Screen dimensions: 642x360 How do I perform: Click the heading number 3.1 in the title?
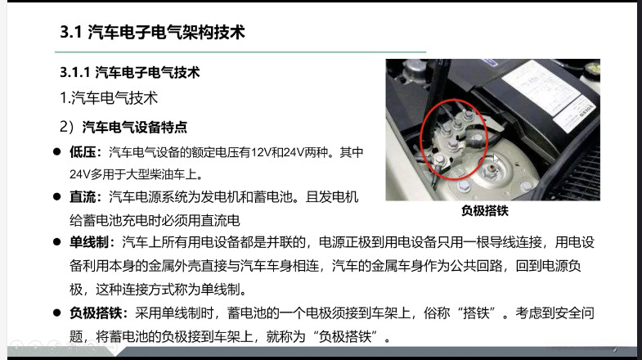[x=71, y=33]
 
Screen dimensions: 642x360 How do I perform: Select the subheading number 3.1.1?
[x=75, y=73]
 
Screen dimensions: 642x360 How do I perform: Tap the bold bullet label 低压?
[x=83, y=152]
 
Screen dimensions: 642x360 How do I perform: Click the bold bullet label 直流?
[x=83, y=197]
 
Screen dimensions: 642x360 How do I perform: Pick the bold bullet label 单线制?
[x=89, y=242]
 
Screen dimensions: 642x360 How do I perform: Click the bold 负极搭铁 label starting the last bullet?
[x=96, y=313]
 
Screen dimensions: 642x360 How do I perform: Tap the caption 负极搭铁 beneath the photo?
[x=485, y=211]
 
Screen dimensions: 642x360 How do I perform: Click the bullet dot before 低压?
[x=57, y=152]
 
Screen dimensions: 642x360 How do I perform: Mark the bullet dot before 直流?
[x=57, y=197]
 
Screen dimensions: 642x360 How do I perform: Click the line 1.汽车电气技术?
[x=109, y=98]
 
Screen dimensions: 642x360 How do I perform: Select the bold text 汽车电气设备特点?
[x=135, y=128]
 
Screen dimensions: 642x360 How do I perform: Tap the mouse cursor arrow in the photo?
[x=496, y=158]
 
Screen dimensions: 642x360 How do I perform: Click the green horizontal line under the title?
[x=240, y=52]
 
